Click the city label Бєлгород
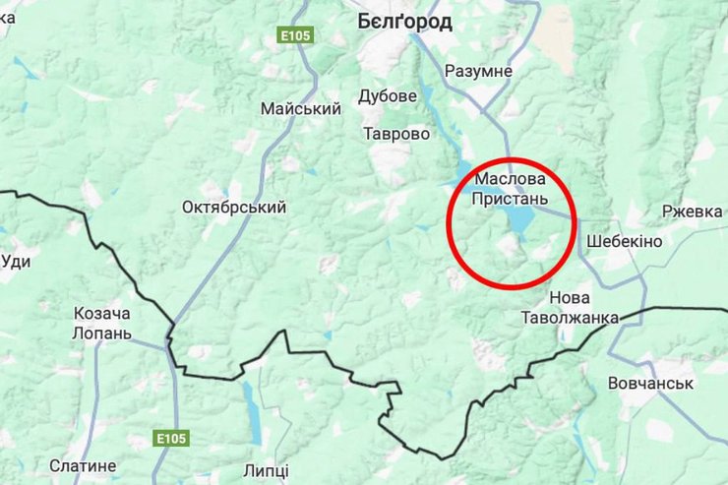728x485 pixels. point(404,22)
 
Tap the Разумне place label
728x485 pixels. point(478,71)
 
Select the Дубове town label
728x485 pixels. point(387,96)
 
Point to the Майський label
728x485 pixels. point(300,108)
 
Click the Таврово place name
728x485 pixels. point(395,133)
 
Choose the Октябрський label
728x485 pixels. point(234,208)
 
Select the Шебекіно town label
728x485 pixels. point(624,241)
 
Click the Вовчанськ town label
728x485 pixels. point(651,383)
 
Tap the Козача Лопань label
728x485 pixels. point(101,323)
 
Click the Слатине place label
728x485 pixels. point(83,465)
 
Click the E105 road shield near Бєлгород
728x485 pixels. point(294,35)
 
